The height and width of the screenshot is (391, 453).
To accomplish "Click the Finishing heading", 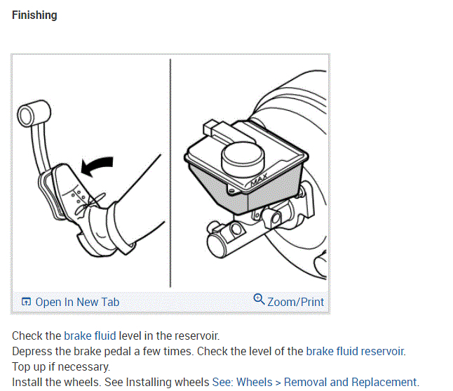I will [34, 15].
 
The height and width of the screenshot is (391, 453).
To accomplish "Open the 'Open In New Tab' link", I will [77, 302].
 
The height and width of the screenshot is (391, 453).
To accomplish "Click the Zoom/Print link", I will [295, 302].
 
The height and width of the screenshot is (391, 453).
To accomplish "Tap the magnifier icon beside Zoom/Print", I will [259, 300].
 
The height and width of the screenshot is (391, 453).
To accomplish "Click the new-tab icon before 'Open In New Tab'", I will [26, 302].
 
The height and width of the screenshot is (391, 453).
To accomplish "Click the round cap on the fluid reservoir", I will [242, 155].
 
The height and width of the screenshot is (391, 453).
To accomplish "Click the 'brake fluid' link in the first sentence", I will [90, 336].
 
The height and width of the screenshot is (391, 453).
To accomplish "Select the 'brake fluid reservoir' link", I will [356, 351].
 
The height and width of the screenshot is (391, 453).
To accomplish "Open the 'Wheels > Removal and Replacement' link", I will [327, 382].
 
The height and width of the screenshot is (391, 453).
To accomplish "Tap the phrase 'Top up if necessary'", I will [61, 366].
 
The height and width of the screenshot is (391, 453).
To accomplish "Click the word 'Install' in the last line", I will [27, 382].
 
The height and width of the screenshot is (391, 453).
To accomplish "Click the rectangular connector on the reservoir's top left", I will [211, 128].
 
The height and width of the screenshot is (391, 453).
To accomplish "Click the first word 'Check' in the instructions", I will [27, 336].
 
